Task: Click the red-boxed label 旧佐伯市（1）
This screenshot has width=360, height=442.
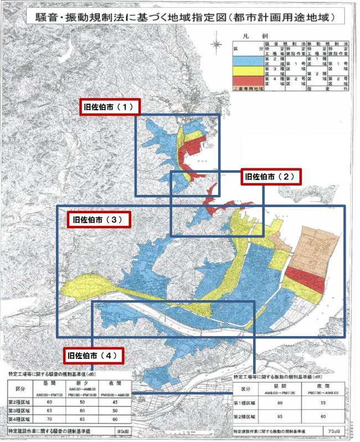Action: (x=109, y=107)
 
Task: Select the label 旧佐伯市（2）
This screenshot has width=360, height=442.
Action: (x=272, y=177)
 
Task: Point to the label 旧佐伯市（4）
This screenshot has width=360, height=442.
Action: (x=92, y=355)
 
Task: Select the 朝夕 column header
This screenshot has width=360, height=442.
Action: (x=81, y=383)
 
